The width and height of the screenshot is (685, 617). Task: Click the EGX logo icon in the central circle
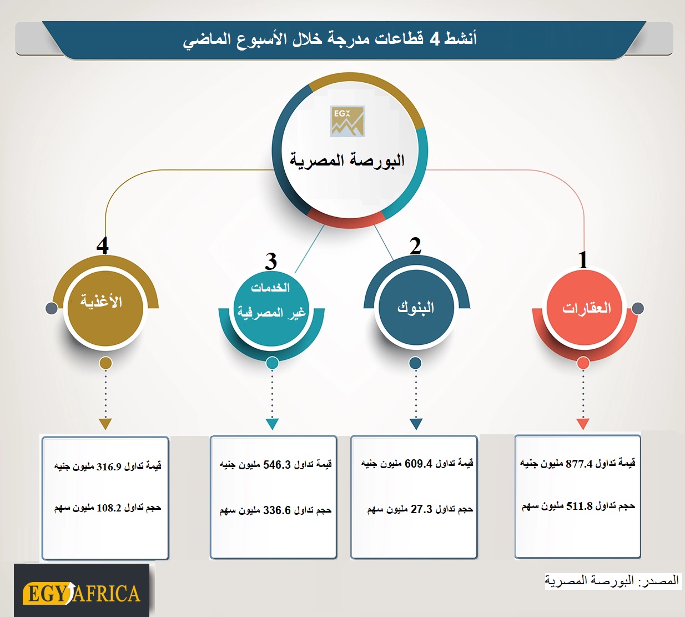(x=347, y=121)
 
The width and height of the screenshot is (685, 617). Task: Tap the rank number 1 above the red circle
(x=583, y=260)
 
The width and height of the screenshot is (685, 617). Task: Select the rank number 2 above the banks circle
(x=415, y=246)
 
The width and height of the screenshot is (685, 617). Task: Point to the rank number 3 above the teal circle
(x=271, y=262)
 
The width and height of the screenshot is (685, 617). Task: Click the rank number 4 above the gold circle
(x=103, y=245)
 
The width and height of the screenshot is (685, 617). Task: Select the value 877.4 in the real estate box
(x=579, y=464)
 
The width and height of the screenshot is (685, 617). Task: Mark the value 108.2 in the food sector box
(x=109, y=508)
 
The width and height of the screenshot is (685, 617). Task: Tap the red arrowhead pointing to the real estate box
(x=583, y=424)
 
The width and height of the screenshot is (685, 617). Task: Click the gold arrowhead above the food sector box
(x=105, y=424)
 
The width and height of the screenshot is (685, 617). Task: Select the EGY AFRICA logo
(x=82, y=593)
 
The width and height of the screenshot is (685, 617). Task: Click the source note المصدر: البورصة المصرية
(x=612, y=580)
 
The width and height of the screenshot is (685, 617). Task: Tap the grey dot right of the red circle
(x=638, y=308)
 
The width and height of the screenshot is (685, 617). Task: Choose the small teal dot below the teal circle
(x=272, y=363)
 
